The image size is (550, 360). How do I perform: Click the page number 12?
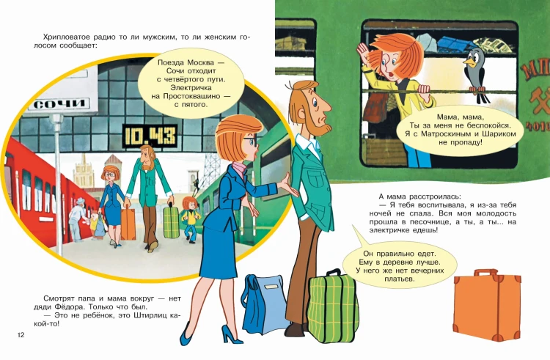(x=21, y=335)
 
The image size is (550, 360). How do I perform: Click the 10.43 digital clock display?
(x=150, y=136)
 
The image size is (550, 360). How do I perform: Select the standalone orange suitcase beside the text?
(x=487, y=304)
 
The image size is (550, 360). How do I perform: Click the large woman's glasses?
(x=249, y=141)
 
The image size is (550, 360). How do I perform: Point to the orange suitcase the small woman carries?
(x=128, y=224)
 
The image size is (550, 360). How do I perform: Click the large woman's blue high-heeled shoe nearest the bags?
(x=232, y=336)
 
